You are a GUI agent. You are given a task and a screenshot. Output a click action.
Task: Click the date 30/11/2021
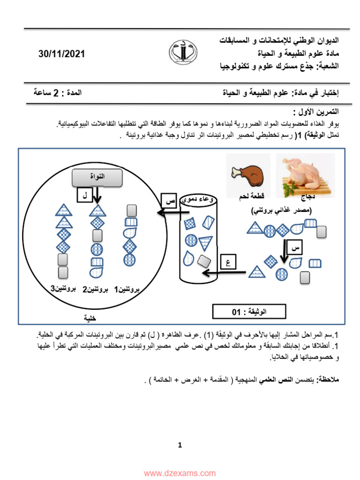(61, 54)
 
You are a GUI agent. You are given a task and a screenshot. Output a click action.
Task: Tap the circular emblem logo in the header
(183, 52)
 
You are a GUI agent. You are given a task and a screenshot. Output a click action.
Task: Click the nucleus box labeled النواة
(97, 178)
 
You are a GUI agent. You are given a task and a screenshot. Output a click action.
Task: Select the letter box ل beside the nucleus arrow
(84, 195)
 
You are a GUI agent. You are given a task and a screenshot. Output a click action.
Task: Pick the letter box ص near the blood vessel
(169, 201)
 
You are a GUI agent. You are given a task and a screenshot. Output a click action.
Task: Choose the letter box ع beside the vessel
(228, 262)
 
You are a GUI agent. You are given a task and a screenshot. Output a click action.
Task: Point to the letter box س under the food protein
(295, 247)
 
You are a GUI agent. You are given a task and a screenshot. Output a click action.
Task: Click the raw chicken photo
(305, 175)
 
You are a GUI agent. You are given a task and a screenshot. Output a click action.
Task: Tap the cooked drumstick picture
(248, 176)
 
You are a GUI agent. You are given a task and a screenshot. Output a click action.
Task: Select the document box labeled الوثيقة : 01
(249, 312)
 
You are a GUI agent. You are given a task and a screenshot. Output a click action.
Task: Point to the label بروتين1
(127, 289)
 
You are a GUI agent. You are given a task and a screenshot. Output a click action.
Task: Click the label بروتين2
(95, 289)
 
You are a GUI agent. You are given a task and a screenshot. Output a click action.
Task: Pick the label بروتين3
(63, 289)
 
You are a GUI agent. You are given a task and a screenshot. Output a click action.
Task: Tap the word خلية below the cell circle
(90, 318)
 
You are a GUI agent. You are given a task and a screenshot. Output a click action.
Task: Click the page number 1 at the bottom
(180, 445)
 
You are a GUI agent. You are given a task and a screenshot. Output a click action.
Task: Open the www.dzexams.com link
(180, 473)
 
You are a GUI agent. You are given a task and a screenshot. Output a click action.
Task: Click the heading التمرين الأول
(315, 112)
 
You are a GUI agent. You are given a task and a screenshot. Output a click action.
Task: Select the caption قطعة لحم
(252, 195)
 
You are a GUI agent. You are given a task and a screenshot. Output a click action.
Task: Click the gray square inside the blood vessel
(204, 261)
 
